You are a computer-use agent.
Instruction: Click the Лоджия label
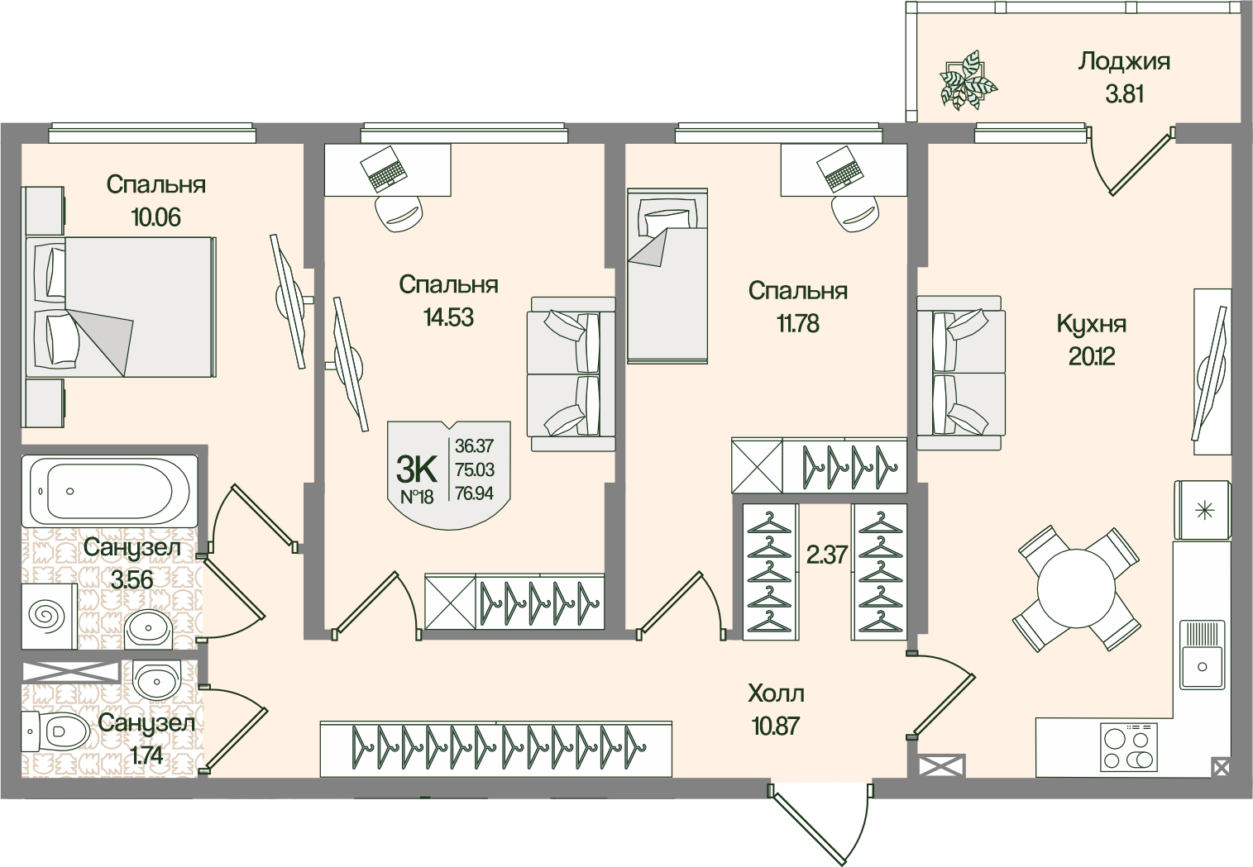[1123, 61]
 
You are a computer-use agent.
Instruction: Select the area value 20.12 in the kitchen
[1092, 356]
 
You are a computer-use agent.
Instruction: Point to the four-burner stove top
[1128, 746]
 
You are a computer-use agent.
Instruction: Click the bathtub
[109, 490]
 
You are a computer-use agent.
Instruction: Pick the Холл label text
[775, 693]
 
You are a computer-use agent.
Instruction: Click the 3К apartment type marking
[417, 469]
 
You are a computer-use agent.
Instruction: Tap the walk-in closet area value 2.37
[826, 554]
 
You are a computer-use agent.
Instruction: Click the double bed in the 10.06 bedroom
[120, 306]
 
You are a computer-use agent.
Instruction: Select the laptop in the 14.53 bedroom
[385, 169]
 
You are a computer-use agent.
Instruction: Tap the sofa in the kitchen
[960, 378]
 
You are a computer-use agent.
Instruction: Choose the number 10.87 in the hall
[775, 726]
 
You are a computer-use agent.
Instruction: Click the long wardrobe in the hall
[495, 749]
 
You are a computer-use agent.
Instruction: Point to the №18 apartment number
[417, 496]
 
